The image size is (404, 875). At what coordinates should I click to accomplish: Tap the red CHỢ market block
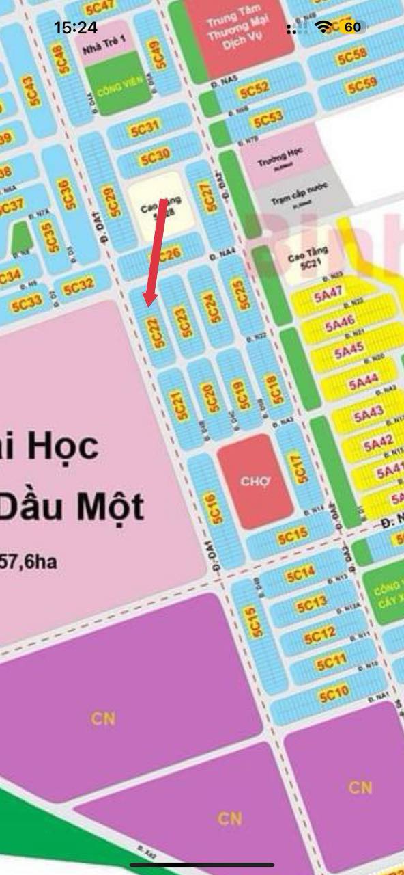(x=255, y=481)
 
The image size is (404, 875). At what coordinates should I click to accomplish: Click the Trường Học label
(x=278, y=161)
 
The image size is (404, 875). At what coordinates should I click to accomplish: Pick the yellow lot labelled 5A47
(x=328, y=294)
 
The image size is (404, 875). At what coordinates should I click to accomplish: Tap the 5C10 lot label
(x=334, y=695)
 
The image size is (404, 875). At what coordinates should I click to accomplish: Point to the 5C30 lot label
(x=155, y=157)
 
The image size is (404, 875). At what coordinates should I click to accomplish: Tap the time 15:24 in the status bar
(x=76, y=27)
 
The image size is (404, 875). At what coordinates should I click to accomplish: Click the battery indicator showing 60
(x=351, y=27)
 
